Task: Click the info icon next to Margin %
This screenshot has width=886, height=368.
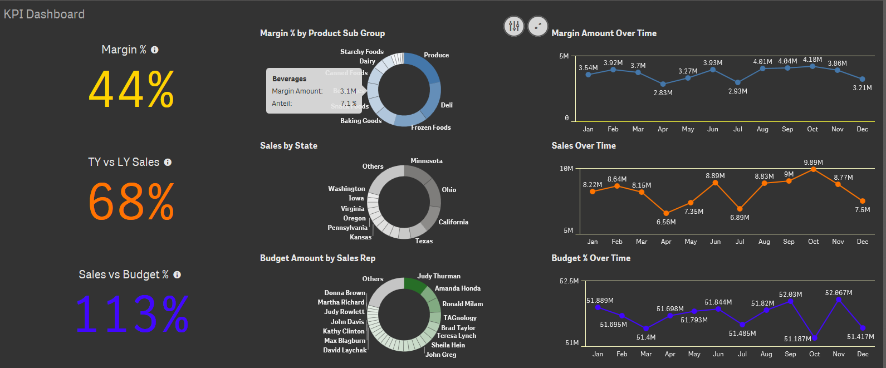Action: pos(155,50)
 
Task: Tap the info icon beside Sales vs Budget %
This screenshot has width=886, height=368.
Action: pos(177,275)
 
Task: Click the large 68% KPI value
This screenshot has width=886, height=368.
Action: pos(131,202)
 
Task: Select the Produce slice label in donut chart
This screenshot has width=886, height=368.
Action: pos(436,55)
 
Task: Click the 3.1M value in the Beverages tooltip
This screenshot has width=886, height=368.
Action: pos(348,91)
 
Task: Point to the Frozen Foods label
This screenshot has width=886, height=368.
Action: pos(430,127)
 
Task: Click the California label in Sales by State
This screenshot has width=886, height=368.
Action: pos(453,222)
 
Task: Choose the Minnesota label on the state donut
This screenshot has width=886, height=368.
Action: pos(426,161)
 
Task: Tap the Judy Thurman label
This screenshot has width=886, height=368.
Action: pos(439,276)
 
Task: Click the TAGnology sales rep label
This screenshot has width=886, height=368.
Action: pos(459,318)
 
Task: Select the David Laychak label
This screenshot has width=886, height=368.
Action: pos(345,350)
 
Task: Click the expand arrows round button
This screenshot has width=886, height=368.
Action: pos(537,26)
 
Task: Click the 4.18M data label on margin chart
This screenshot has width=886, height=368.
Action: pos(812,60)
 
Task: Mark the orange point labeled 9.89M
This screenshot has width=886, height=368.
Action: pos(813,169)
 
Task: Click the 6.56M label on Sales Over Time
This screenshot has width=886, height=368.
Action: pos(665,222)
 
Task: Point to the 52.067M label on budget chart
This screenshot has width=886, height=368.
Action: pos(838,293)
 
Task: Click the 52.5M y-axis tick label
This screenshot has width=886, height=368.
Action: pos(569,281)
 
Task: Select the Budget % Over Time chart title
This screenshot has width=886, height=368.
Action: pos(591,258)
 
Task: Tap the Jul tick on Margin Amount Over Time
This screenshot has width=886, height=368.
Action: pos(737,129)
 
